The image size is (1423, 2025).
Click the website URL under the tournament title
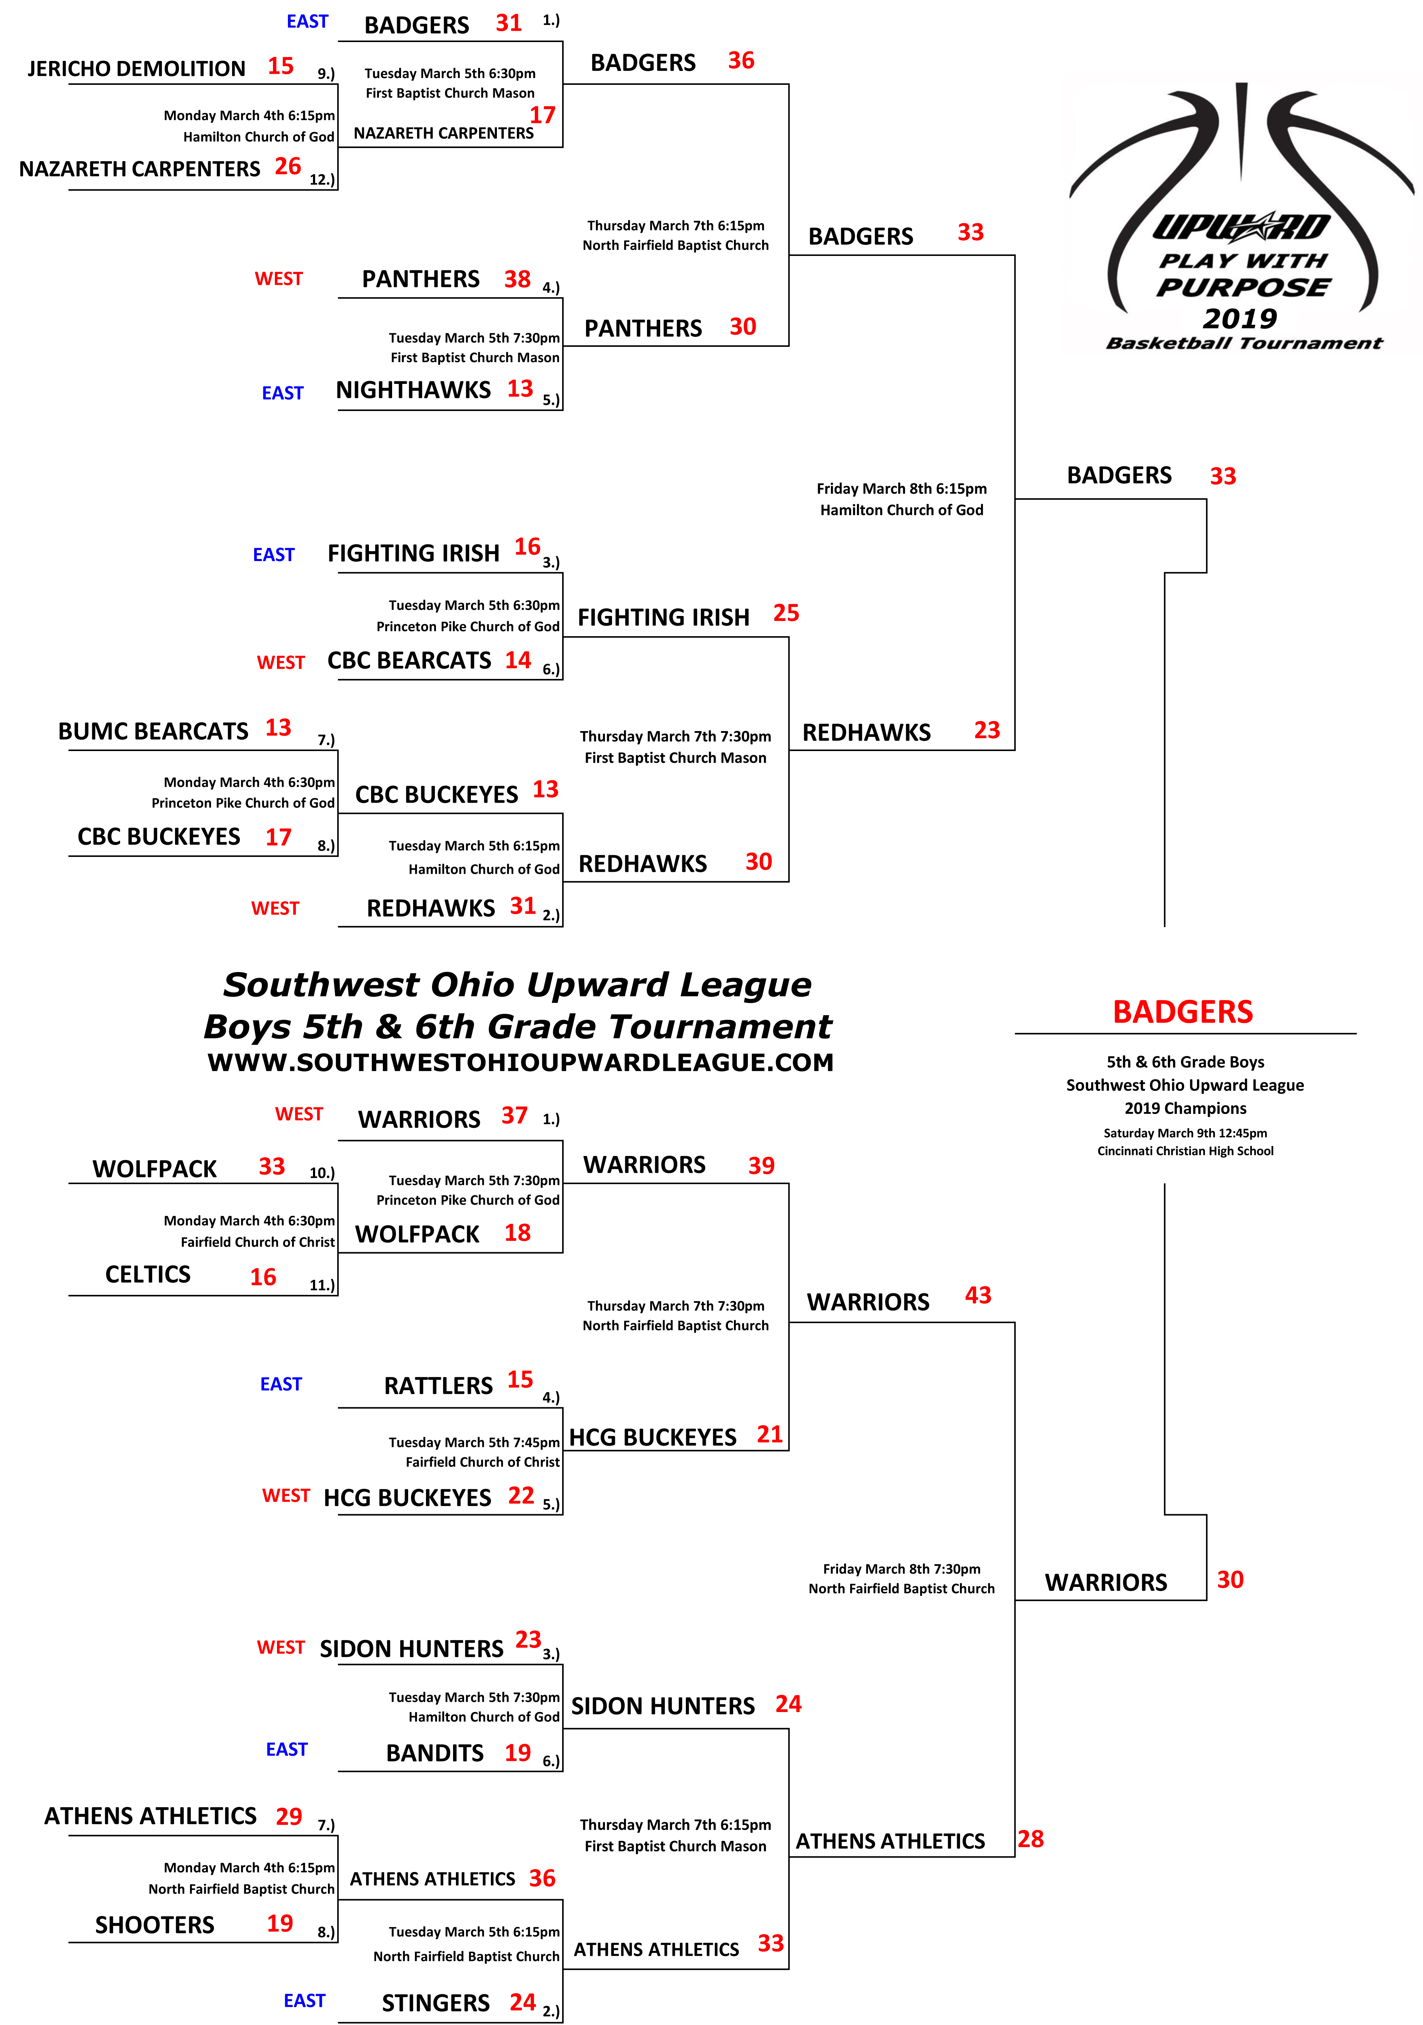[x=520, y=1063]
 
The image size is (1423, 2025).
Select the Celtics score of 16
[x=263, y=1277]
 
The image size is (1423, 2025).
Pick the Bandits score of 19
[x=518, y=1752]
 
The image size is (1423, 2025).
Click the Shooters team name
[x=154, y=1924]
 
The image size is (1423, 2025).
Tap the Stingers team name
[x=436, y=2003]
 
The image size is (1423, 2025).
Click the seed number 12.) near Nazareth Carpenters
[x=322, y=179]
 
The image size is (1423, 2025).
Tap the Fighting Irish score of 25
[x=786, y=613]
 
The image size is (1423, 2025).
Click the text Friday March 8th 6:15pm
[x=901, y=489]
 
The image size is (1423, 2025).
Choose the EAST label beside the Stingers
[x=304, y=2000]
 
